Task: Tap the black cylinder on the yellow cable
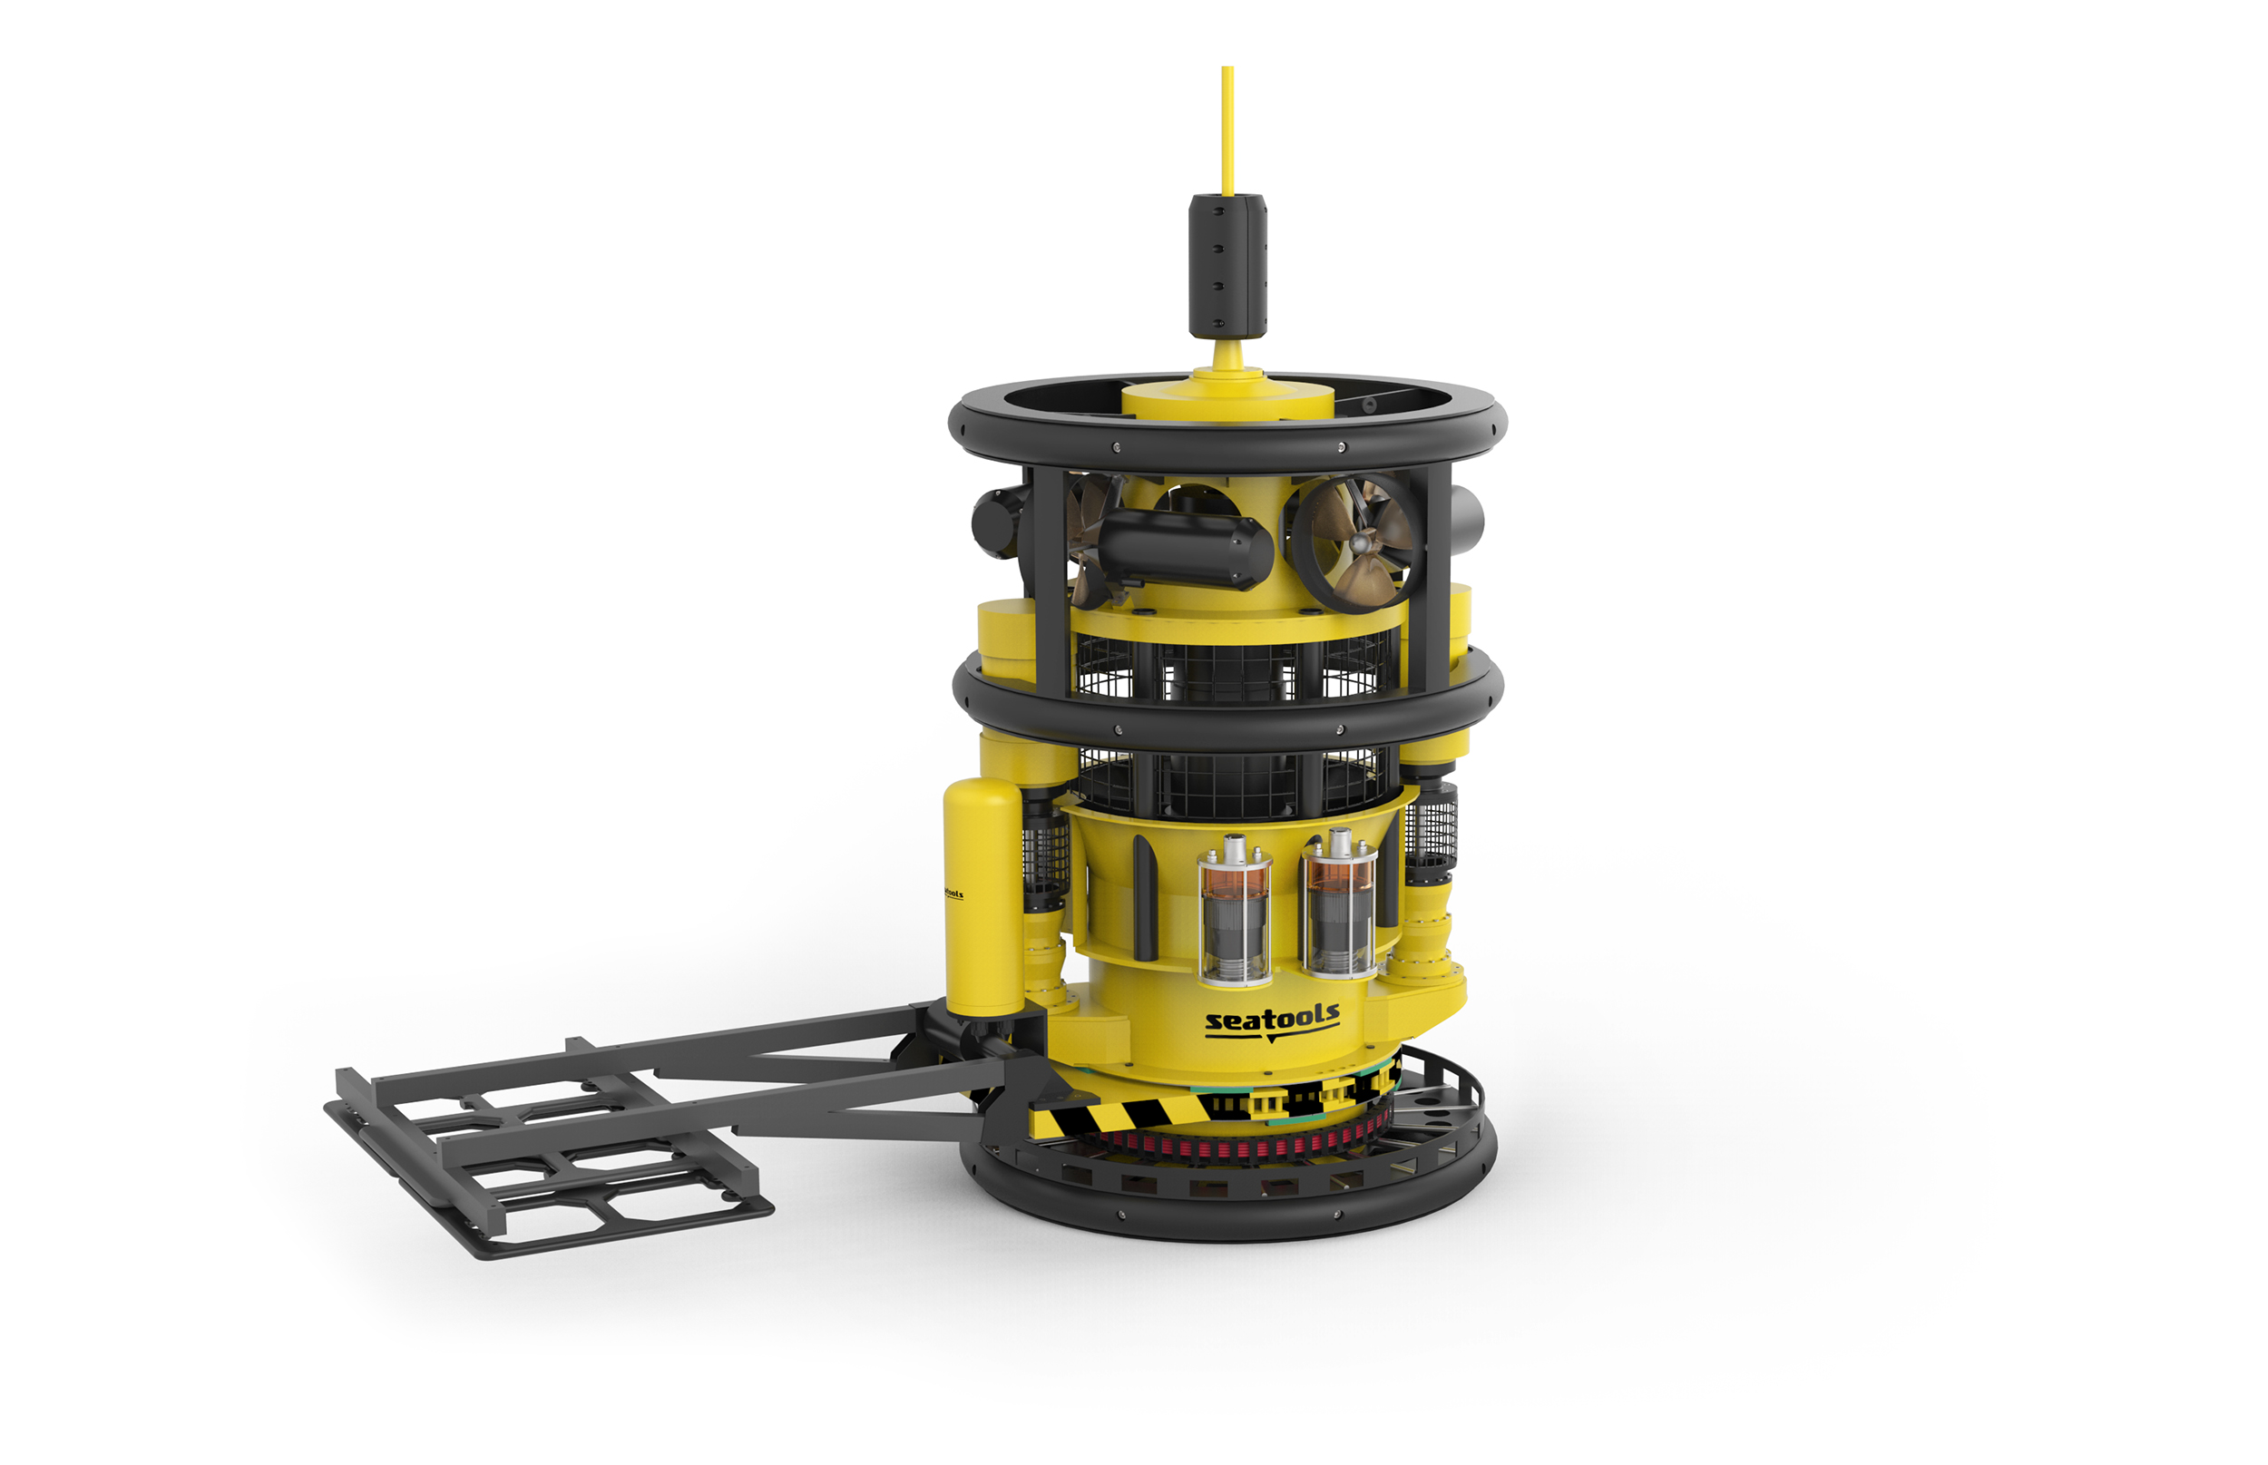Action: (1227, 266)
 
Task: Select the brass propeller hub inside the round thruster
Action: (1362, 542)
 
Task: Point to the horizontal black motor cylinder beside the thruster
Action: (1184, 548)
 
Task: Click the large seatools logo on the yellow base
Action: (1272, 1021)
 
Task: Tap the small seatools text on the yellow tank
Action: (953, 894)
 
